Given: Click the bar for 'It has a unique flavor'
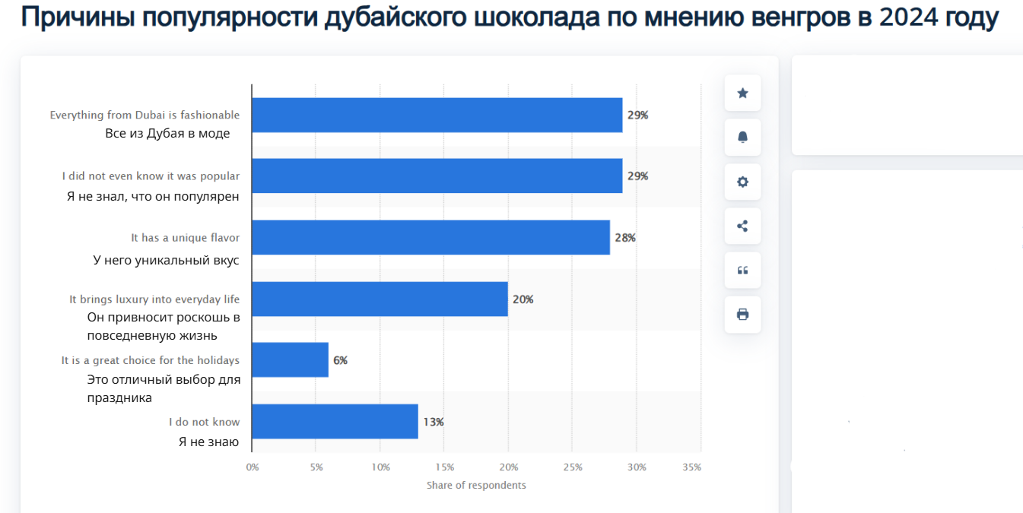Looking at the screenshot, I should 430,237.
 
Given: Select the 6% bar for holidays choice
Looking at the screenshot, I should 290,359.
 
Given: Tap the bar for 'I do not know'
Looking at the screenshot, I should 335,421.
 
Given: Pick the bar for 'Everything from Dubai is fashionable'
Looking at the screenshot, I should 437,115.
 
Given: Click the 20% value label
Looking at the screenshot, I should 523,299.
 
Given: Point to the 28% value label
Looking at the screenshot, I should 625,238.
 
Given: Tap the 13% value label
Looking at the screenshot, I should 434,422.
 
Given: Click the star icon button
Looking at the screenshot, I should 742,93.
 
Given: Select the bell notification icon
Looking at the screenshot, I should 742,138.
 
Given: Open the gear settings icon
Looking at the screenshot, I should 742,182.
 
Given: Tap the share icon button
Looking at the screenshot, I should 742,226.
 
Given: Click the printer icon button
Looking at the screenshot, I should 742,314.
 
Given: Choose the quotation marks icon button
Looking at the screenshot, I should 742,270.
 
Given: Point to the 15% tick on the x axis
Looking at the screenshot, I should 445,467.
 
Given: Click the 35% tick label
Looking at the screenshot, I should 692,467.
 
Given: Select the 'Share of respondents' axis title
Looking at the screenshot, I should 476,485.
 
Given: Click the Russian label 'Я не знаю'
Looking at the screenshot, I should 208,442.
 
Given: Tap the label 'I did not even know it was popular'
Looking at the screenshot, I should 151,176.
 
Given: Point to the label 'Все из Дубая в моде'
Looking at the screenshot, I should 167,133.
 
